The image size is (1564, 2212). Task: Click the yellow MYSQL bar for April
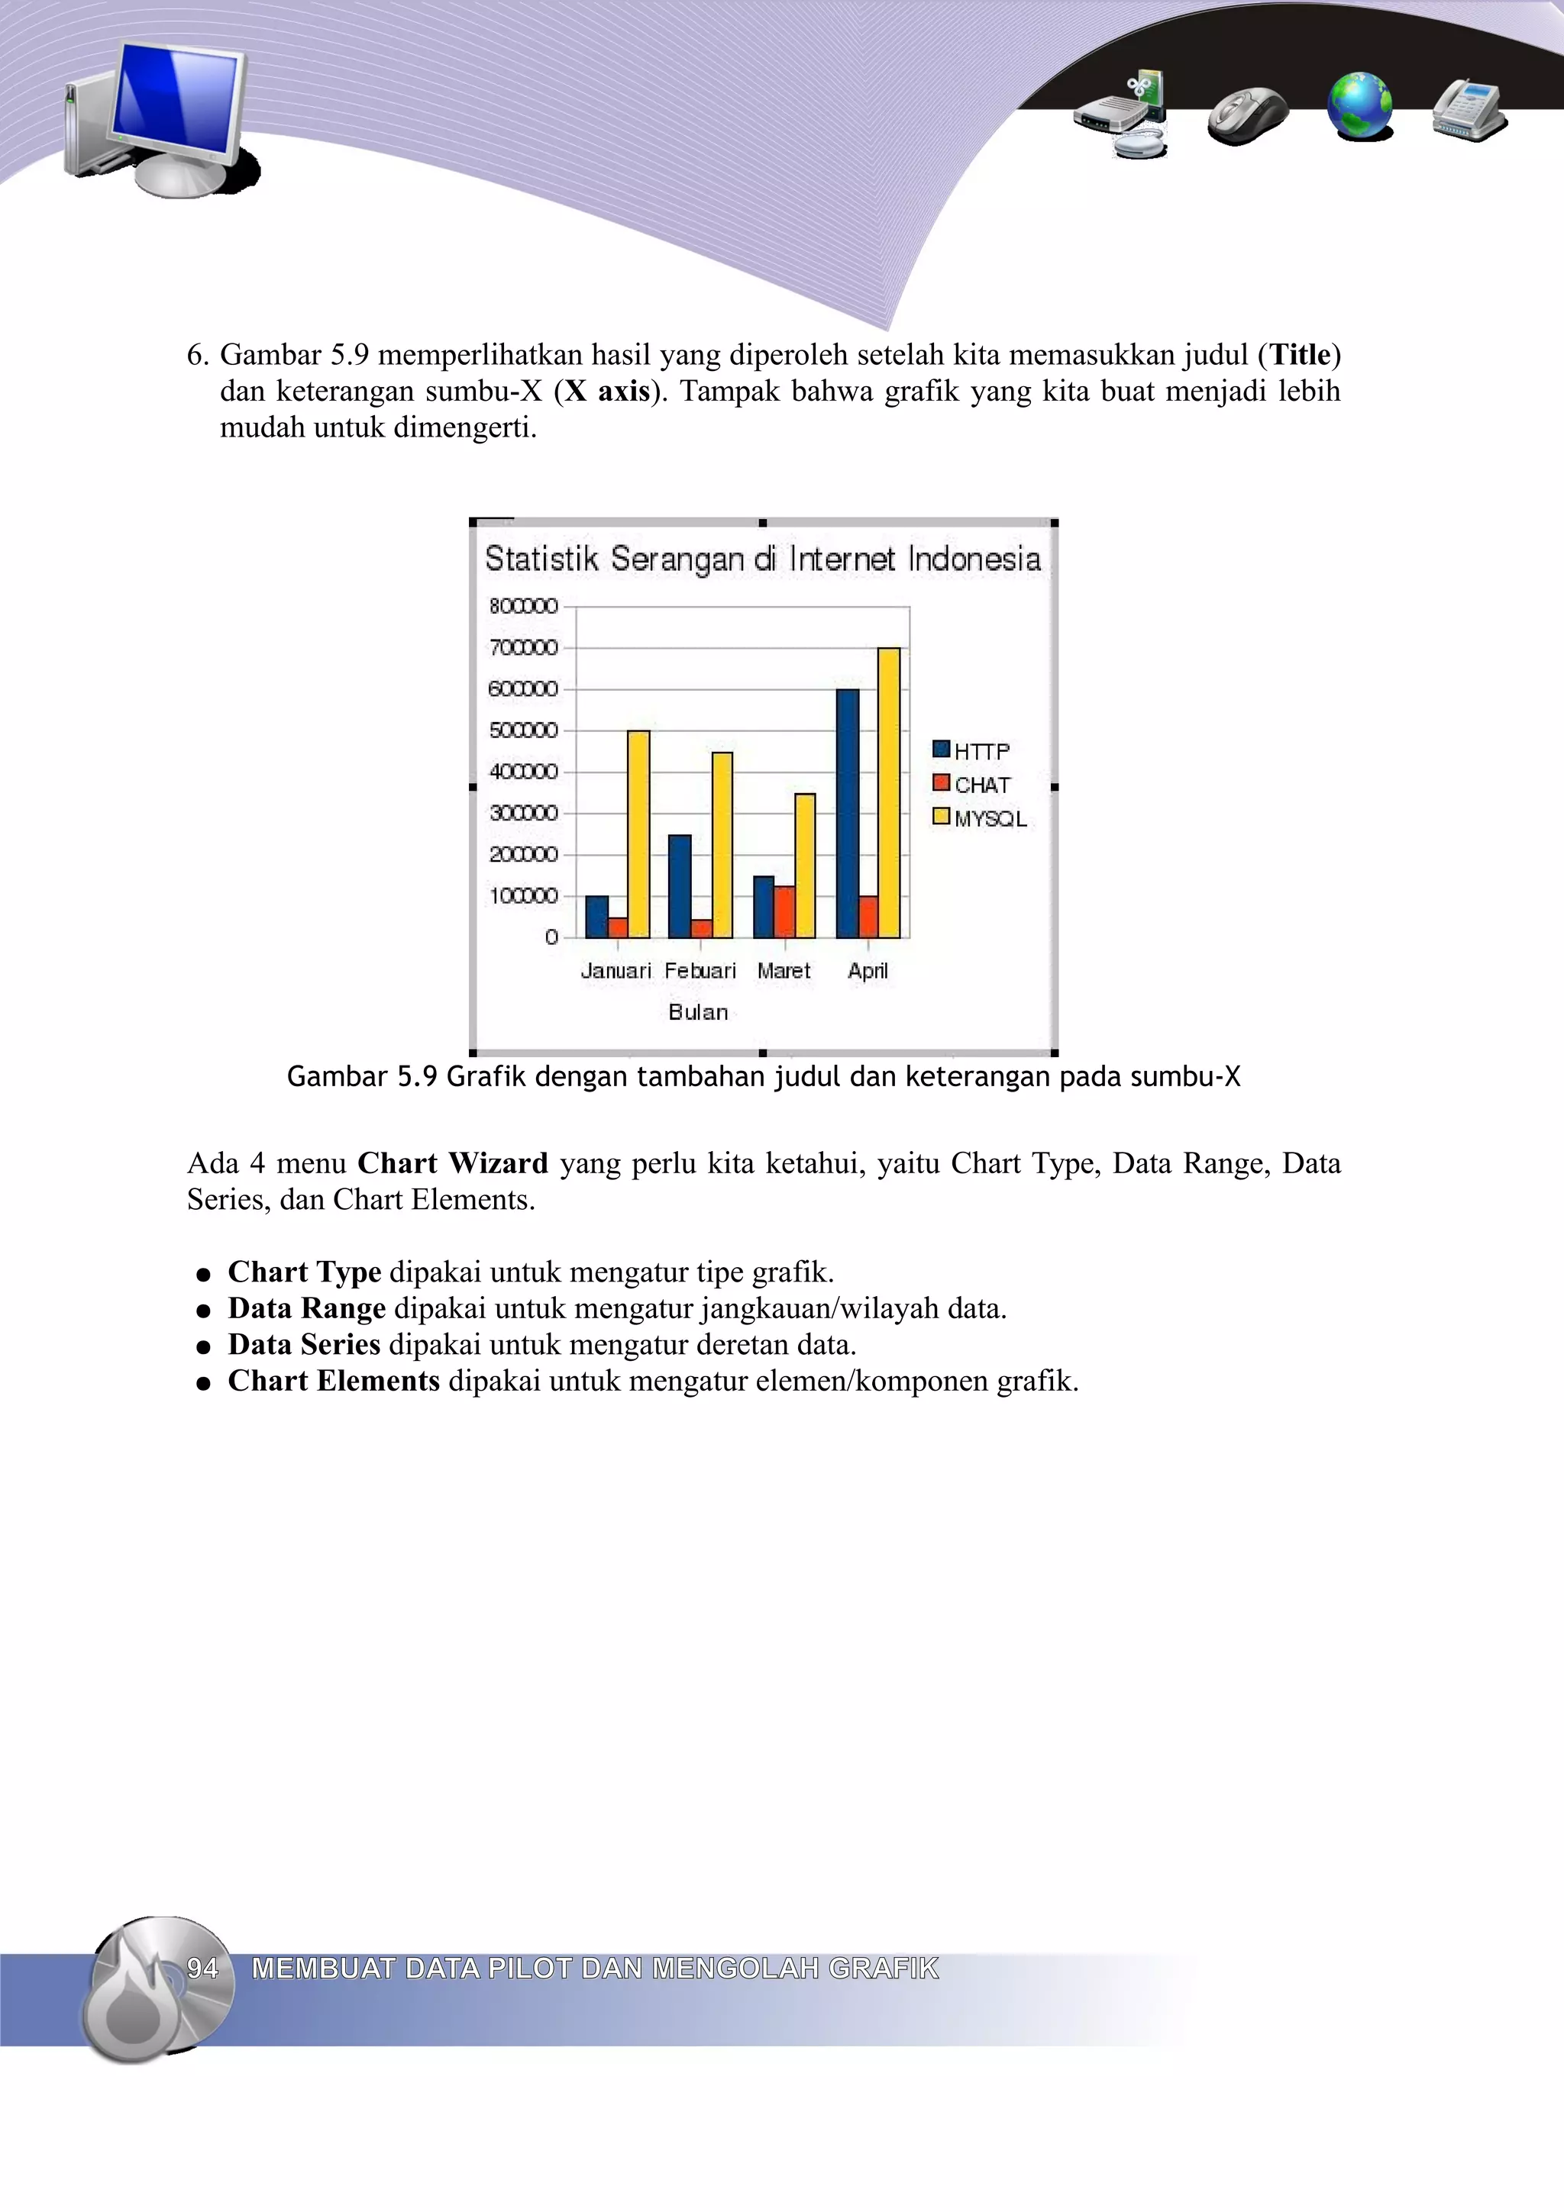click(x=888, y=792)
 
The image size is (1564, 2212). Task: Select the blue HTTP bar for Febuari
click(x=680, y=886)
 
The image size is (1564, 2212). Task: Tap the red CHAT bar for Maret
click(x=784, y=912)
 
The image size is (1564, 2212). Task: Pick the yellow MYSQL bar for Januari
click(x=638, y=834)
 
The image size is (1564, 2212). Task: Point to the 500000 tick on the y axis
click(x=523, y=730)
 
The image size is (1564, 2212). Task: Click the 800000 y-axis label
click(x=523, y=606)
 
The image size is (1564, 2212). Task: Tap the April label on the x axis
click(x=868, y=971)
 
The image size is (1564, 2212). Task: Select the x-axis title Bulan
click(x=698, y=1011)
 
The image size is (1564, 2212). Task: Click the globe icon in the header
click(x=1359, y=106)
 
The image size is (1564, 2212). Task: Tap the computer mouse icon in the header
click(x=1247, y=114)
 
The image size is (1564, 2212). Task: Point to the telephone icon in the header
click(x=1469, y=110)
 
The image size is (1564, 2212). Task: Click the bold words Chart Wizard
click(x=452, y=1164)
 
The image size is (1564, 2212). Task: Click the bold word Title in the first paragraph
click(x=1300, y=356)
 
